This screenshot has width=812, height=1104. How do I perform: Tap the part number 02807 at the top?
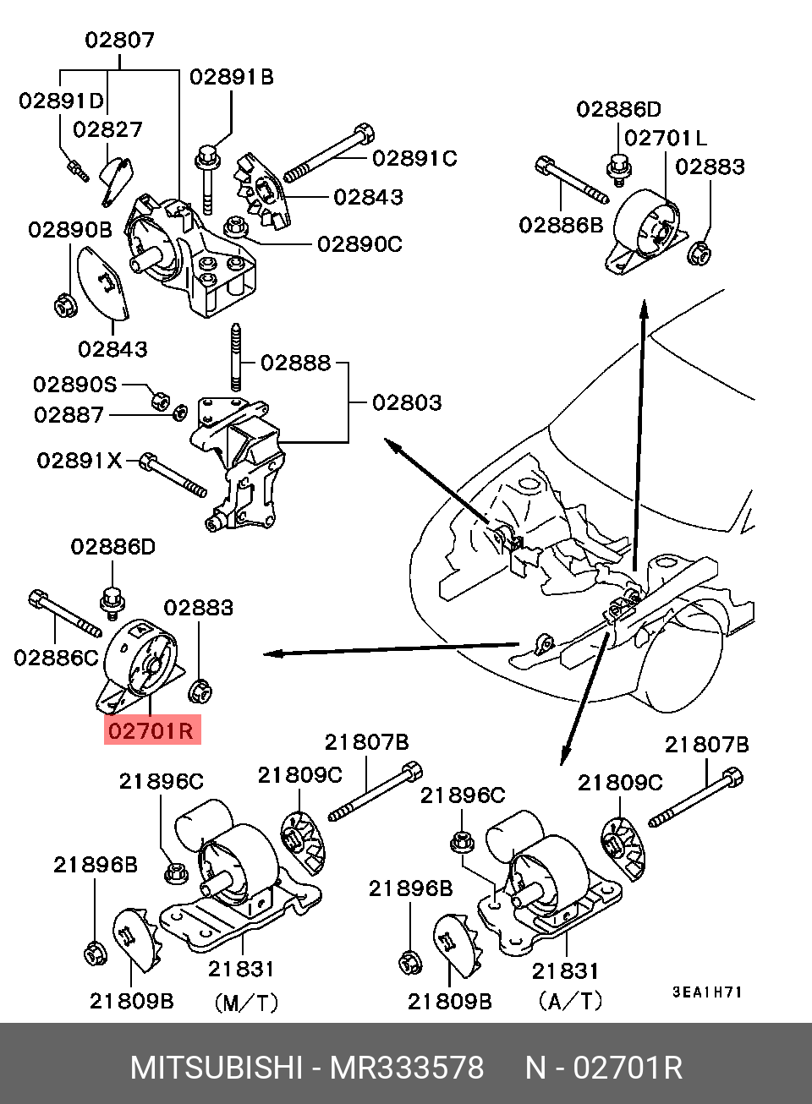pos(119,40)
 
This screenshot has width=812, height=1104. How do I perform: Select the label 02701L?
pos(665,138)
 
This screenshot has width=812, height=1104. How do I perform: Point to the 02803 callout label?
pos(407,402)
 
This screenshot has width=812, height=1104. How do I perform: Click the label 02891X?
pos(80,461)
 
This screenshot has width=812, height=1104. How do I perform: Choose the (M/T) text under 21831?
pos(246,1003)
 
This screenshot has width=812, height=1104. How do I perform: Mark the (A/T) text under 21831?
pos(570,1002)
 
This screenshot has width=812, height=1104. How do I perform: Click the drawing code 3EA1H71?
pos(707,992)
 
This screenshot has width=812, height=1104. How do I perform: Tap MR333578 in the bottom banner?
pos(407,1068)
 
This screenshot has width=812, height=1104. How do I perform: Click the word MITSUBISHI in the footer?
pos(216,1068)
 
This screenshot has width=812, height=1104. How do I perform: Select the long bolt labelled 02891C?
pos(329,153)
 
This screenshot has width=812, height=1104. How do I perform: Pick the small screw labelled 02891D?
pos(77,169)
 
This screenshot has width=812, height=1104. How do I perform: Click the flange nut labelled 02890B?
pos(64,304)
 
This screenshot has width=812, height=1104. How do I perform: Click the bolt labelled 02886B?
pos(572,180)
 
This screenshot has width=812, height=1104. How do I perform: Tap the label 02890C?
pos(359,244)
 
